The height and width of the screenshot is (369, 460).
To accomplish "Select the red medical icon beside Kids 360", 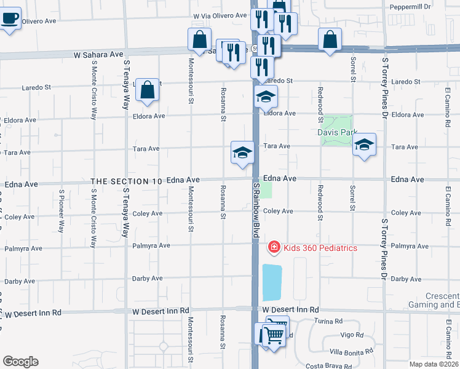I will (274, 247).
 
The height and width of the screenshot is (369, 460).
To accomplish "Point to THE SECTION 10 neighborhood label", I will (127, 181).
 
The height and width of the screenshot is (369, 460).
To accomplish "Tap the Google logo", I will (20, 362).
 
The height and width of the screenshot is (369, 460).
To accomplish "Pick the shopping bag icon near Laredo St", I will (148, 90).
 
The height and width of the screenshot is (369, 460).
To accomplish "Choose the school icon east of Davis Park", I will (365, 145).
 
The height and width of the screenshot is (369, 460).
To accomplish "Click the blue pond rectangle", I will (272, 283).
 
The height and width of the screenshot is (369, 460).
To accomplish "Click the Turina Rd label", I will (329, 321).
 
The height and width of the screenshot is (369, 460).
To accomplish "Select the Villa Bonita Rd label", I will (352, 352).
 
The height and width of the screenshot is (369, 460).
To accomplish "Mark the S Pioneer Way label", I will (61, 211).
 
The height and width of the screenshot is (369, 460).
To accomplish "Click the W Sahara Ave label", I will (98, 55).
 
